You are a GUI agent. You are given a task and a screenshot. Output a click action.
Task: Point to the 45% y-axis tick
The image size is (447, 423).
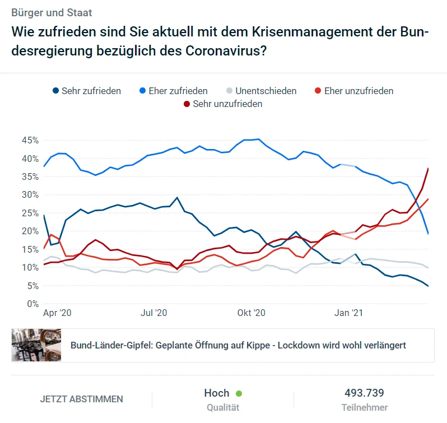tap(30, 140)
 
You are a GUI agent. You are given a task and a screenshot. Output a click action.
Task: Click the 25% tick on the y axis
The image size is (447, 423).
tap(30, 213)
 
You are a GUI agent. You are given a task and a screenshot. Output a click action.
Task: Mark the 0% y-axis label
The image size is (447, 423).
tap(32, 304)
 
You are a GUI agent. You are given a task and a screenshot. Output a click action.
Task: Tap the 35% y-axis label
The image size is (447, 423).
tap(30, 176)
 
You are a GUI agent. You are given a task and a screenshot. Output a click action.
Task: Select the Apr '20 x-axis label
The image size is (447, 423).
tap(58, 314)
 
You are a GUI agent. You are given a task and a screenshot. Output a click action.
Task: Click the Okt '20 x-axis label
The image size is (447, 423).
tap(251, 314)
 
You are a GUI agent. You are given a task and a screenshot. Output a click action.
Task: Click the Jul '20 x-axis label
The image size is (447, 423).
tap(154, 314)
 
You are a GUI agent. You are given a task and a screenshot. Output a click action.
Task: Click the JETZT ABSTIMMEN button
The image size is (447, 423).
tap(81, 399)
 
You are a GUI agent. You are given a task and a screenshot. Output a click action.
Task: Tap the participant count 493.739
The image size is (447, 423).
tap(364, 393)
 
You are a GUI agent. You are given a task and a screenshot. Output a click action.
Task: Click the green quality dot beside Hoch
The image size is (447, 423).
tap(239, 394)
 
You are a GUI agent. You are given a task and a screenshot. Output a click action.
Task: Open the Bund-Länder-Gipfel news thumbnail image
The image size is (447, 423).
tap(36, 345)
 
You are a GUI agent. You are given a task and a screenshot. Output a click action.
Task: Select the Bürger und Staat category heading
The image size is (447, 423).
tap(52, 12)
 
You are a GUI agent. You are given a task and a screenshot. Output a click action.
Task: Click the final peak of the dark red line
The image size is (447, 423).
tap(429, 168)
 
